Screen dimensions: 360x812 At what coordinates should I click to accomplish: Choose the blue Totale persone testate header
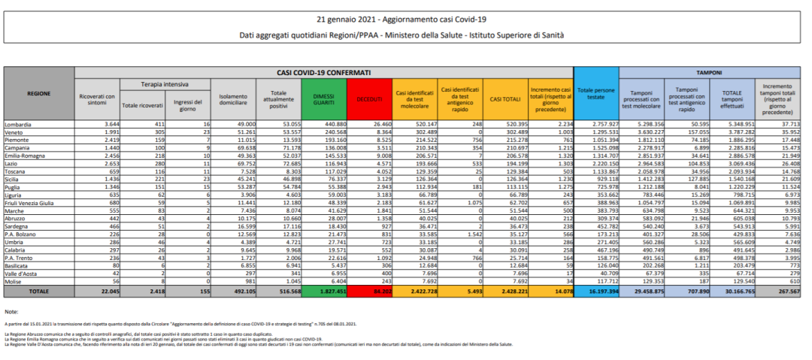tap(595, 96)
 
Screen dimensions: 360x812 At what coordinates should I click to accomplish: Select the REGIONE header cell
tap(39, 93)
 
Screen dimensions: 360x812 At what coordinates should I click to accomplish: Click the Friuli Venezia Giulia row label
tap(31, 223)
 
